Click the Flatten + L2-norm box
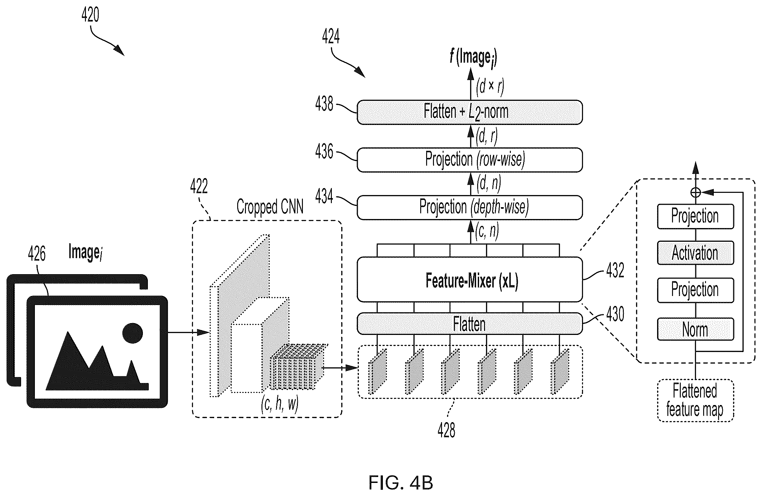point(469,112)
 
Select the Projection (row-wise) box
point(469,160)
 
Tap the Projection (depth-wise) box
point(469,207)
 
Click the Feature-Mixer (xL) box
point(469,279)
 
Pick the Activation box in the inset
point(695,253)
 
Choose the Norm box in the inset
point(695,329)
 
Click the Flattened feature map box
point(695,401)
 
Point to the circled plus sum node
point(695,192)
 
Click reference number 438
point(324,104)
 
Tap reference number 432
point(615,270)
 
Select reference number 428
point(446,430)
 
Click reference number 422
point(199,186)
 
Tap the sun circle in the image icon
point(133,333)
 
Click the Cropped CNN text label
point(270,207)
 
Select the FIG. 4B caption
point(401,483)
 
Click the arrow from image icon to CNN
point(189,333)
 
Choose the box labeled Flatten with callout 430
point(469,324)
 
